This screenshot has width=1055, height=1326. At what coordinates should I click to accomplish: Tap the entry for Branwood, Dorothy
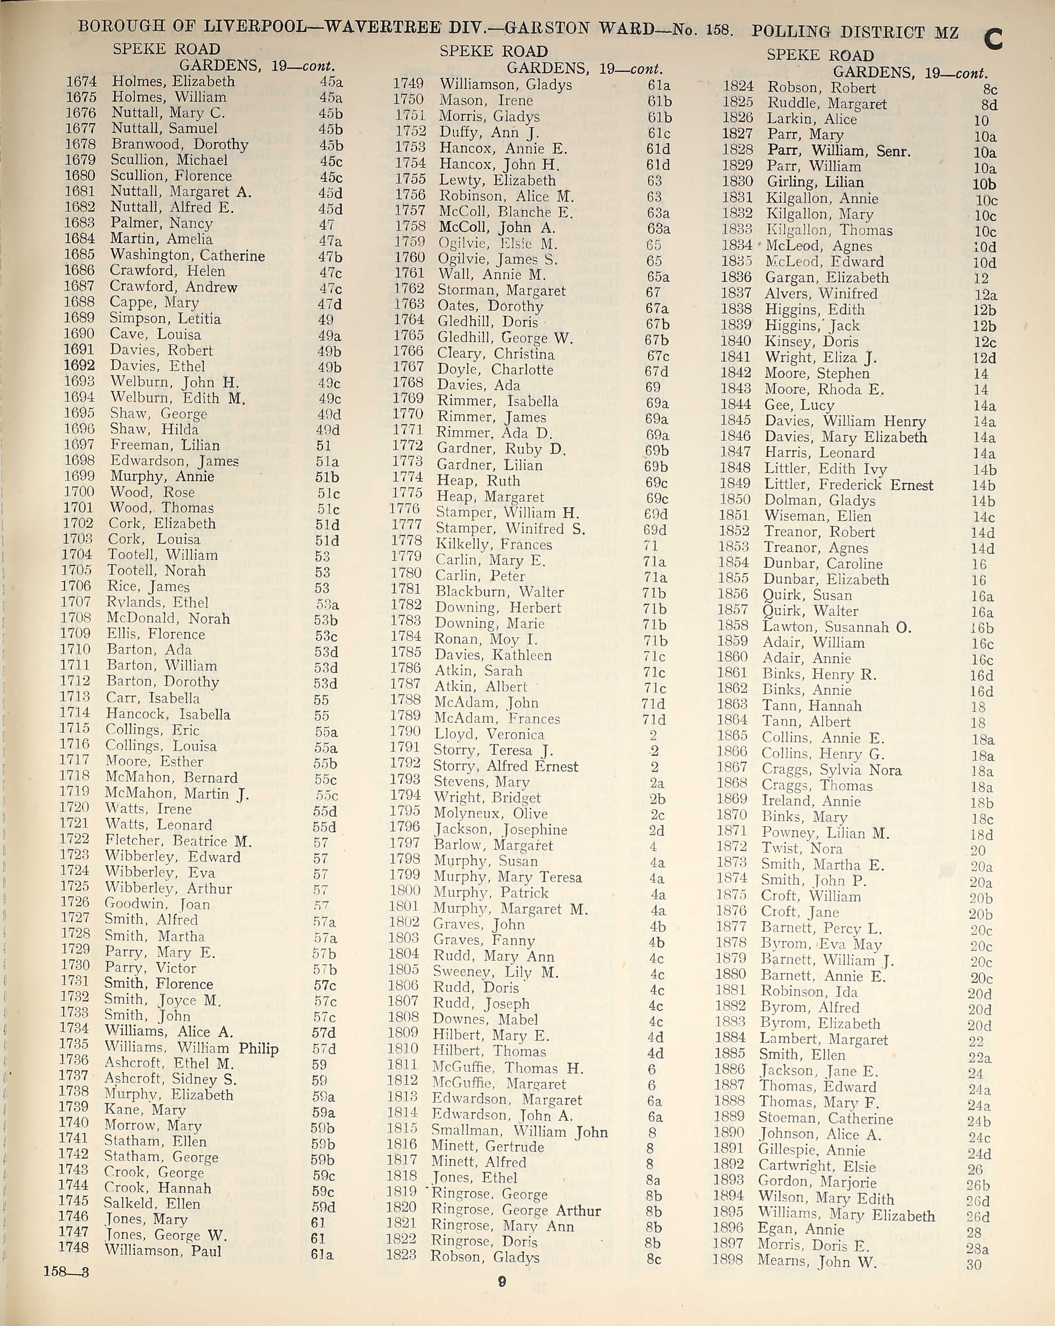pos(180,145)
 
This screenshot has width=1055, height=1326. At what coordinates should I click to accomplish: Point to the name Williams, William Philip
pos(191,1048)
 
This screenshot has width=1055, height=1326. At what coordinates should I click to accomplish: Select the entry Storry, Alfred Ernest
pos(505,766)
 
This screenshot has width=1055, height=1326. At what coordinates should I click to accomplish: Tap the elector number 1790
pos(404,732)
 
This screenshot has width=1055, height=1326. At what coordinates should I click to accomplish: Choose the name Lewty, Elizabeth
pos(497,180)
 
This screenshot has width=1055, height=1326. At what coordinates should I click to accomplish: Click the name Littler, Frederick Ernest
pos(849,485)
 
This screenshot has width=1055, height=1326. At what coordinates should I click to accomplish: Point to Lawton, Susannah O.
pos(837,627)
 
